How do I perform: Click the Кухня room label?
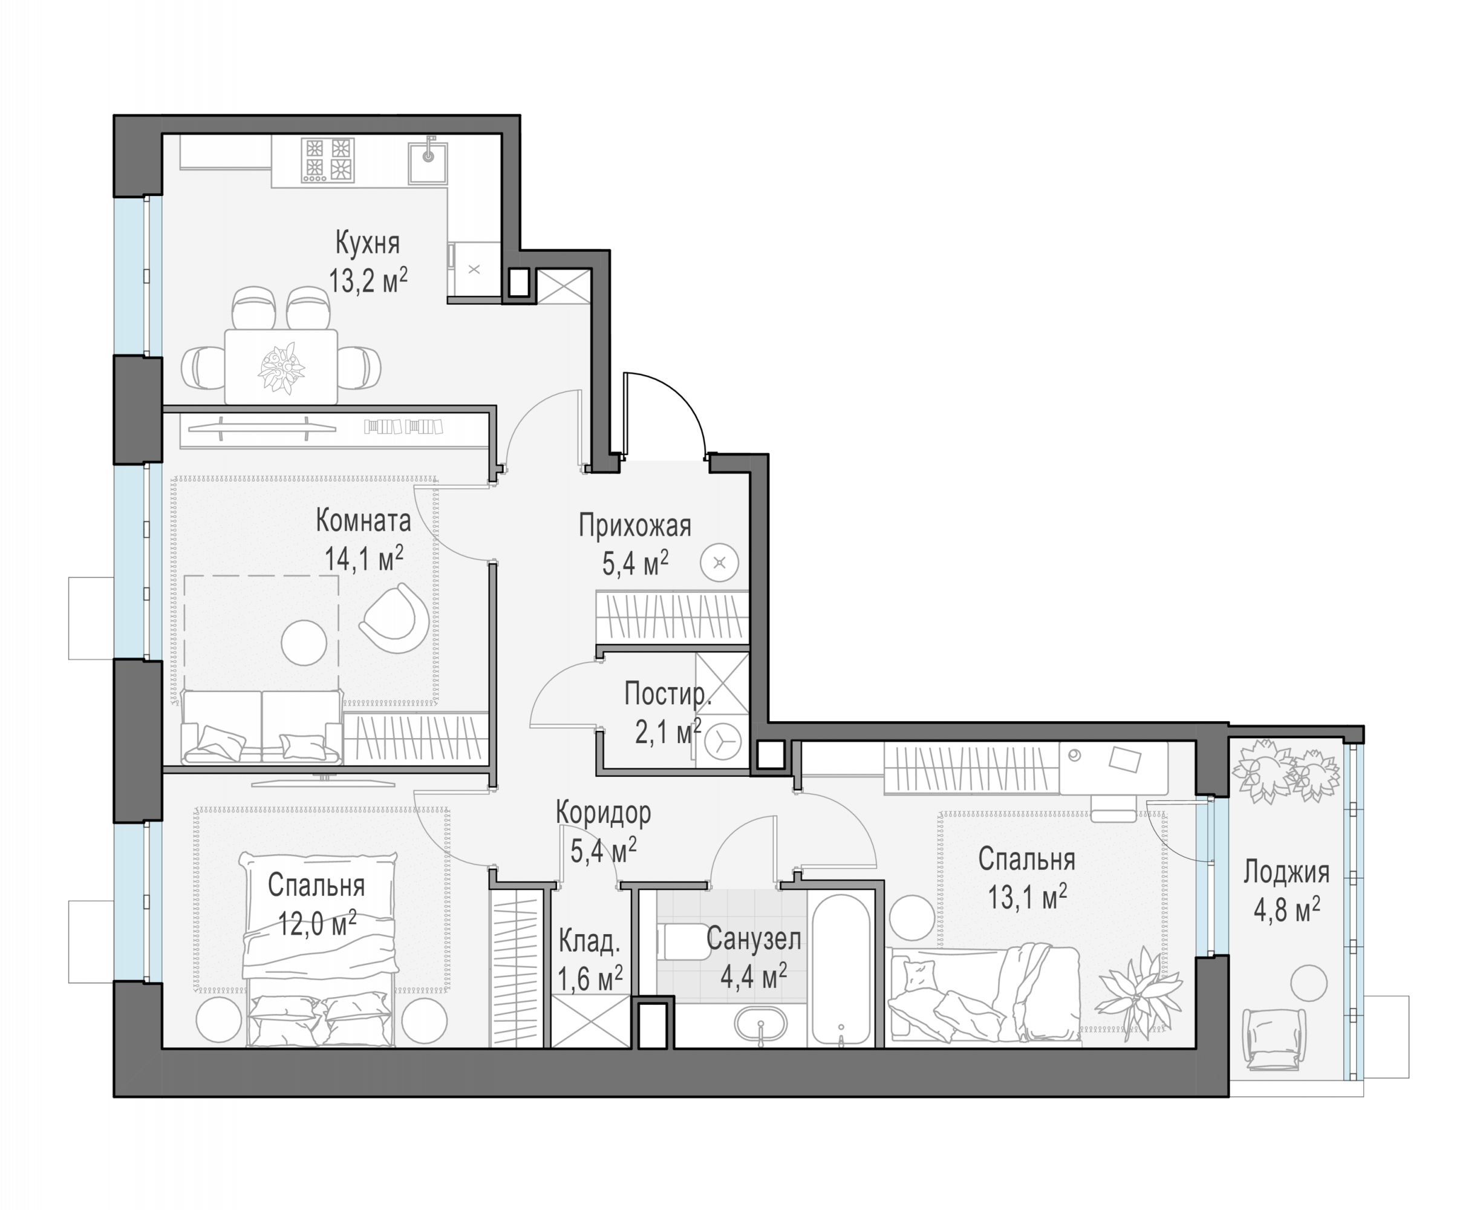pos(367,243)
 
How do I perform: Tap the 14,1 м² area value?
pos(364,558)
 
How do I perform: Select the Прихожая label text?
pos(634,526)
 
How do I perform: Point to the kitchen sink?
pos(427,162)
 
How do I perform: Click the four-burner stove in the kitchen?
pos(327,160)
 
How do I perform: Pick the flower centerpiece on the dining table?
pos(281,367)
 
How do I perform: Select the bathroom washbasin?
pos(760,1024)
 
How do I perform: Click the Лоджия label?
pos(1286,872)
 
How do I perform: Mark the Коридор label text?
pos(604,813)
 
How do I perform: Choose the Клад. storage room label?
pos(589,941)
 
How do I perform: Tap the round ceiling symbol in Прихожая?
pos(720,563)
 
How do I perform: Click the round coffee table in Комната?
pos(304,643)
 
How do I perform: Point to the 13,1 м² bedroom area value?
pos(1027,897)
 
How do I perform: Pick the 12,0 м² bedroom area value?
pos(317,923)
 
